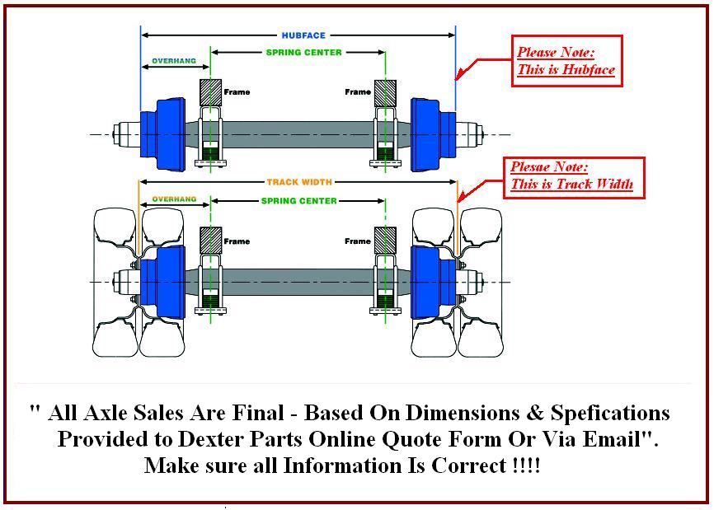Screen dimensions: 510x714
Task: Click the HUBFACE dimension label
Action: pyautogui.click(x=303, y=35)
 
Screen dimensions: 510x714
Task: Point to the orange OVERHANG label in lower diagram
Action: pyautogui.click(x=174, y=199)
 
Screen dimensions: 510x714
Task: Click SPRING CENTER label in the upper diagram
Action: pyautogui.click(x=303, y=53)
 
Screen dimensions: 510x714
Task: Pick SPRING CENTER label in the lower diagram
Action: pyautogui.click(x=298, y=201)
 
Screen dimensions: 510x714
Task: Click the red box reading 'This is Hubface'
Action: pyautogui.click(x=565, y=61)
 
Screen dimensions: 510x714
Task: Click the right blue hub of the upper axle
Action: pyautogui.click(x=432, y=133)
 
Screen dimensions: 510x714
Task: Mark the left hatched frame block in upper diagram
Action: pyautogui.click(x=211, y=91)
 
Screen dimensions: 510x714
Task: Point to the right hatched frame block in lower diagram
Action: pyautogui.click(x=385, y=241)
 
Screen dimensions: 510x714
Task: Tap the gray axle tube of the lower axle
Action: pyautogui.click(x=297, y=281)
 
